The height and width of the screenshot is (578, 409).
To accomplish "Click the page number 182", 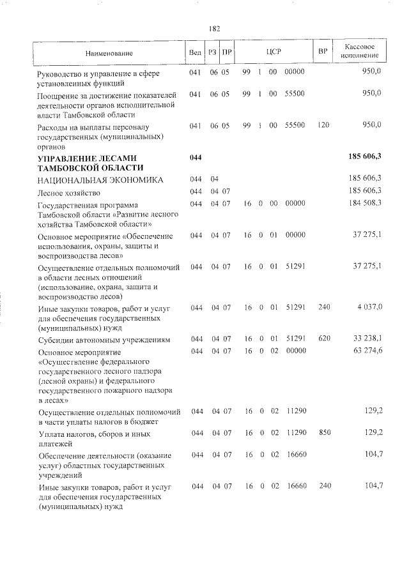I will click(x=214, y=29).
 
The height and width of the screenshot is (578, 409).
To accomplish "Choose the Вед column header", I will click(x=195, y=52).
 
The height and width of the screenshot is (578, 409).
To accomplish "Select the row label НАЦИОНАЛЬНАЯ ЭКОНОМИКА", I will click(x=100, y=180).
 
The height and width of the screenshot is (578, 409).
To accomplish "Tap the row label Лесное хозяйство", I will click(x=69, y=192).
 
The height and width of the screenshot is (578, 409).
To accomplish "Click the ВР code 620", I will click(x=324, y=338).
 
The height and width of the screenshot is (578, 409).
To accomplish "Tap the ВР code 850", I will click(x=324, y=433).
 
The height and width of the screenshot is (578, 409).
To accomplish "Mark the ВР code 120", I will click(x=323, y=125).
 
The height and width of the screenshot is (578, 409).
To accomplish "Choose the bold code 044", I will click(x=196, y=157).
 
